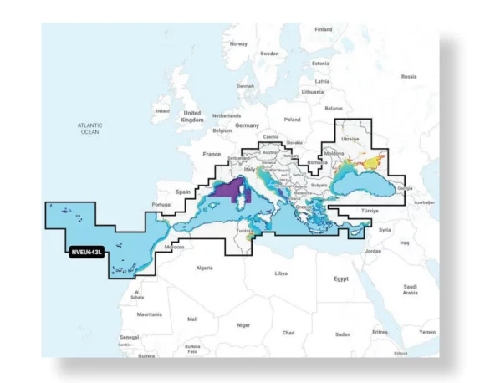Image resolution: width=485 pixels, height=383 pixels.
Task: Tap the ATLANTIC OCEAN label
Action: tap(89, 128)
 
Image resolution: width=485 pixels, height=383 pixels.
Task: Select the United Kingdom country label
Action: tap(191, 115)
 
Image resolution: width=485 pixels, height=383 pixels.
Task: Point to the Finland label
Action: tap(323, 29)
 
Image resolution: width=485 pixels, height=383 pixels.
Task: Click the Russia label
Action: tap(409, 76)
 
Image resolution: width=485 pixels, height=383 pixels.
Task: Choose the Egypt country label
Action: tap(340, 278)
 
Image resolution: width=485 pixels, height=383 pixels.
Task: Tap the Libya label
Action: tap(281, 273)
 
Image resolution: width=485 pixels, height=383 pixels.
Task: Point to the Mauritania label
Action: tap(149, 314)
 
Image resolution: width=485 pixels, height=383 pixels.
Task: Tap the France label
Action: tap(212, 155)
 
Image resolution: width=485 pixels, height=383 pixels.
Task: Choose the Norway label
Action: tap(239, 43)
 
